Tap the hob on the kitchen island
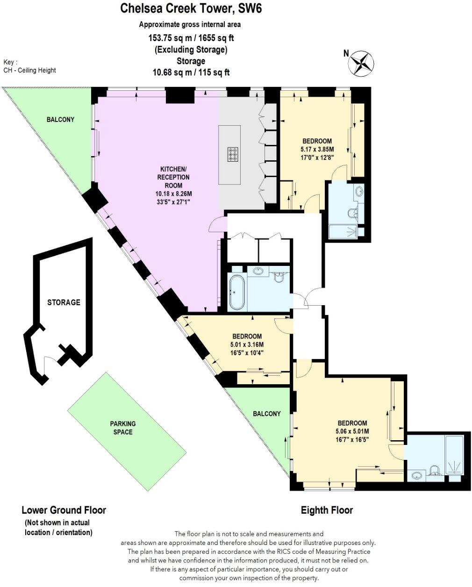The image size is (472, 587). pos(233,154)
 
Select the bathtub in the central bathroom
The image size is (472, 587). pos(236,292)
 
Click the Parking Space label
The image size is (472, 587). pos(123,428)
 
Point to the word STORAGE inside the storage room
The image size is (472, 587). pos(64,302)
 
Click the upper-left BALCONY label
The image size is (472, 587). pos(60,120)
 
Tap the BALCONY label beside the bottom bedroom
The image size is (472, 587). pos(267,414)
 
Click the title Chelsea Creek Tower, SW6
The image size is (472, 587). pos(188,8)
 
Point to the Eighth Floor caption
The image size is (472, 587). pos(327,510)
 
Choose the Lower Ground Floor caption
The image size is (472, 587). pos(64,510)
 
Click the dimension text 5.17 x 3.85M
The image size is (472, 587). pos(317,150)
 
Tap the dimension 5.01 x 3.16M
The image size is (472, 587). pos(247,345)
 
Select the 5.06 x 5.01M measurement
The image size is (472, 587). pos(352,431)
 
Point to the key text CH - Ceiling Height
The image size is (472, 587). pos(29,70)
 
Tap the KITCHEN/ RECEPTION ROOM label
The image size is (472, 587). pos(175,177)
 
